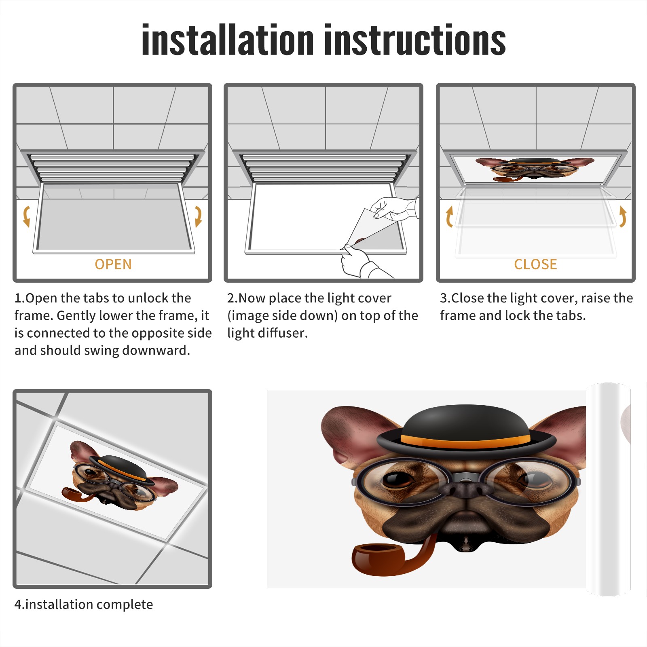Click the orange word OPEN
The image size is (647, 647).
113,264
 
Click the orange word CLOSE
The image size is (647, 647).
535,264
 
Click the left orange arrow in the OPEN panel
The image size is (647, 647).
26,216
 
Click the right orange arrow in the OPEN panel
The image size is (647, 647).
198,216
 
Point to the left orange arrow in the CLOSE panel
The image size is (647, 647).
449,216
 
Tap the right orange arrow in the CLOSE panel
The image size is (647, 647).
623,216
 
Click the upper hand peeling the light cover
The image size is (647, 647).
394,208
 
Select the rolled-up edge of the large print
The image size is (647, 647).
608,489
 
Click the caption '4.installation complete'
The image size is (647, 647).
84,604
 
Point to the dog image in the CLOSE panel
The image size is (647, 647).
535,169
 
